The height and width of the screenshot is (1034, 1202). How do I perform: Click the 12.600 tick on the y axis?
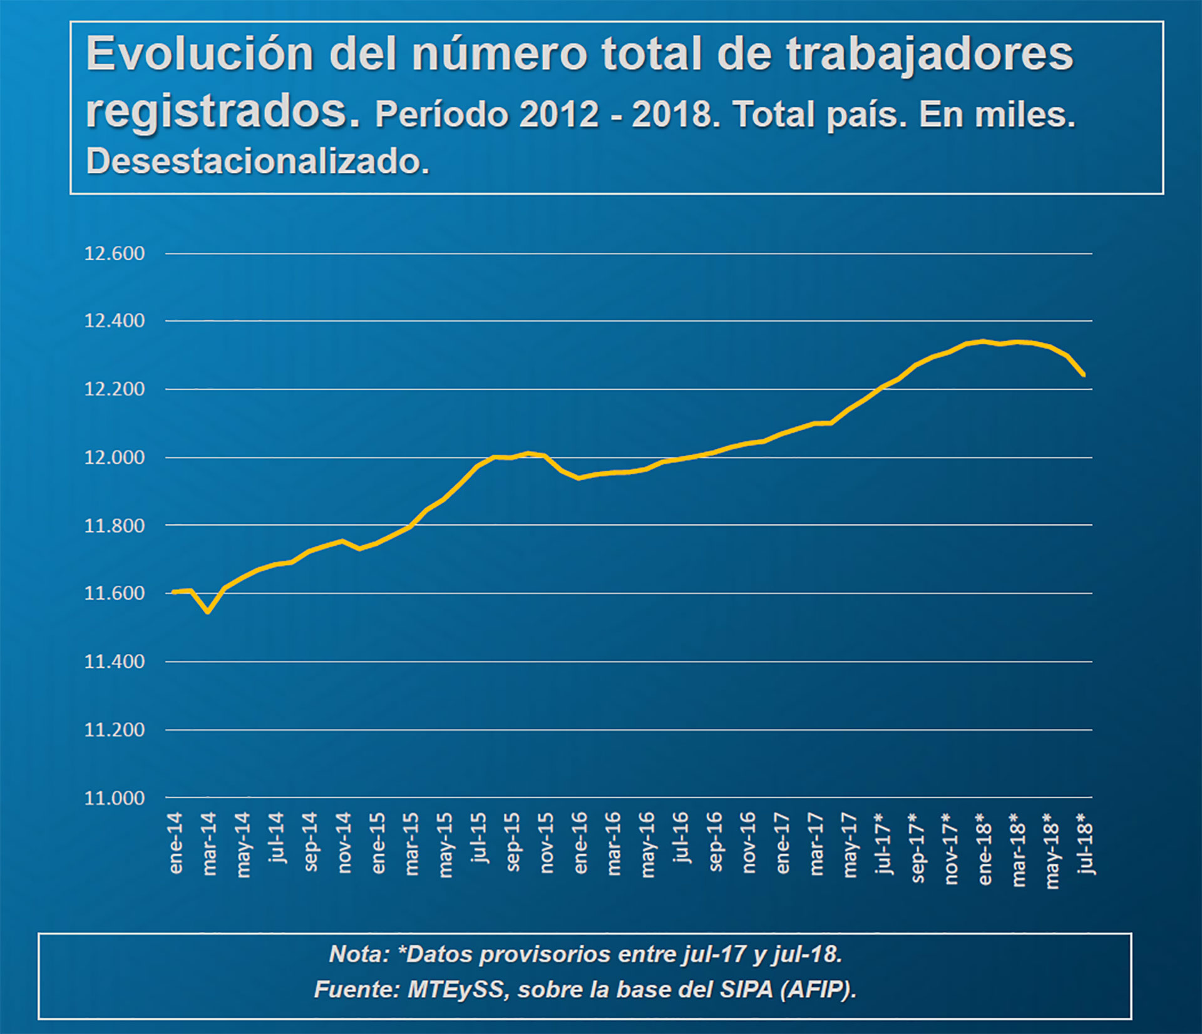click(115, 253)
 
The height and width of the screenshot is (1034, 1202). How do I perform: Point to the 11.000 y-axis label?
click(115, 798)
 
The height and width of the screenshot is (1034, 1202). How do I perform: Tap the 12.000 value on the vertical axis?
click(115, 458)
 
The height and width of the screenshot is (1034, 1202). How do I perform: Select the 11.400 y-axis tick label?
click(115, 662)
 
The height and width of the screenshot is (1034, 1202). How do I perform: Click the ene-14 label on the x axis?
click(176, 842)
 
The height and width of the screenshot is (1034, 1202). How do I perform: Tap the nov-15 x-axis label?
click(547, 842)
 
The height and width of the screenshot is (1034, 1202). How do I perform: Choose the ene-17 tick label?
click(783, 842)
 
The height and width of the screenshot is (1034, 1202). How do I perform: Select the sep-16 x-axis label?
click(716, 842)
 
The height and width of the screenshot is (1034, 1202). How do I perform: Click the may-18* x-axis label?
click(1053, 850)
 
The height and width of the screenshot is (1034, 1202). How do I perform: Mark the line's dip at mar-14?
click(208, 612)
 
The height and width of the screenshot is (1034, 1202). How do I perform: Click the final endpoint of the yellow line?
click(1084, 375)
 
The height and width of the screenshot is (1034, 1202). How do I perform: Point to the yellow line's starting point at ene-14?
click(173, 591)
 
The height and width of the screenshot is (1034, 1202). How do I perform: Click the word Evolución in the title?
click(200, 54)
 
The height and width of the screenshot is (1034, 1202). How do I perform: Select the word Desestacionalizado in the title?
click(257, 161)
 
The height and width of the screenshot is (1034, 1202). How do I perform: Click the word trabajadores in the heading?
click(930, 54)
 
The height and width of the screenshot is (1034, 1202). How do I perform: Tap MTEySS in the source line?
click(455, 990)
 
